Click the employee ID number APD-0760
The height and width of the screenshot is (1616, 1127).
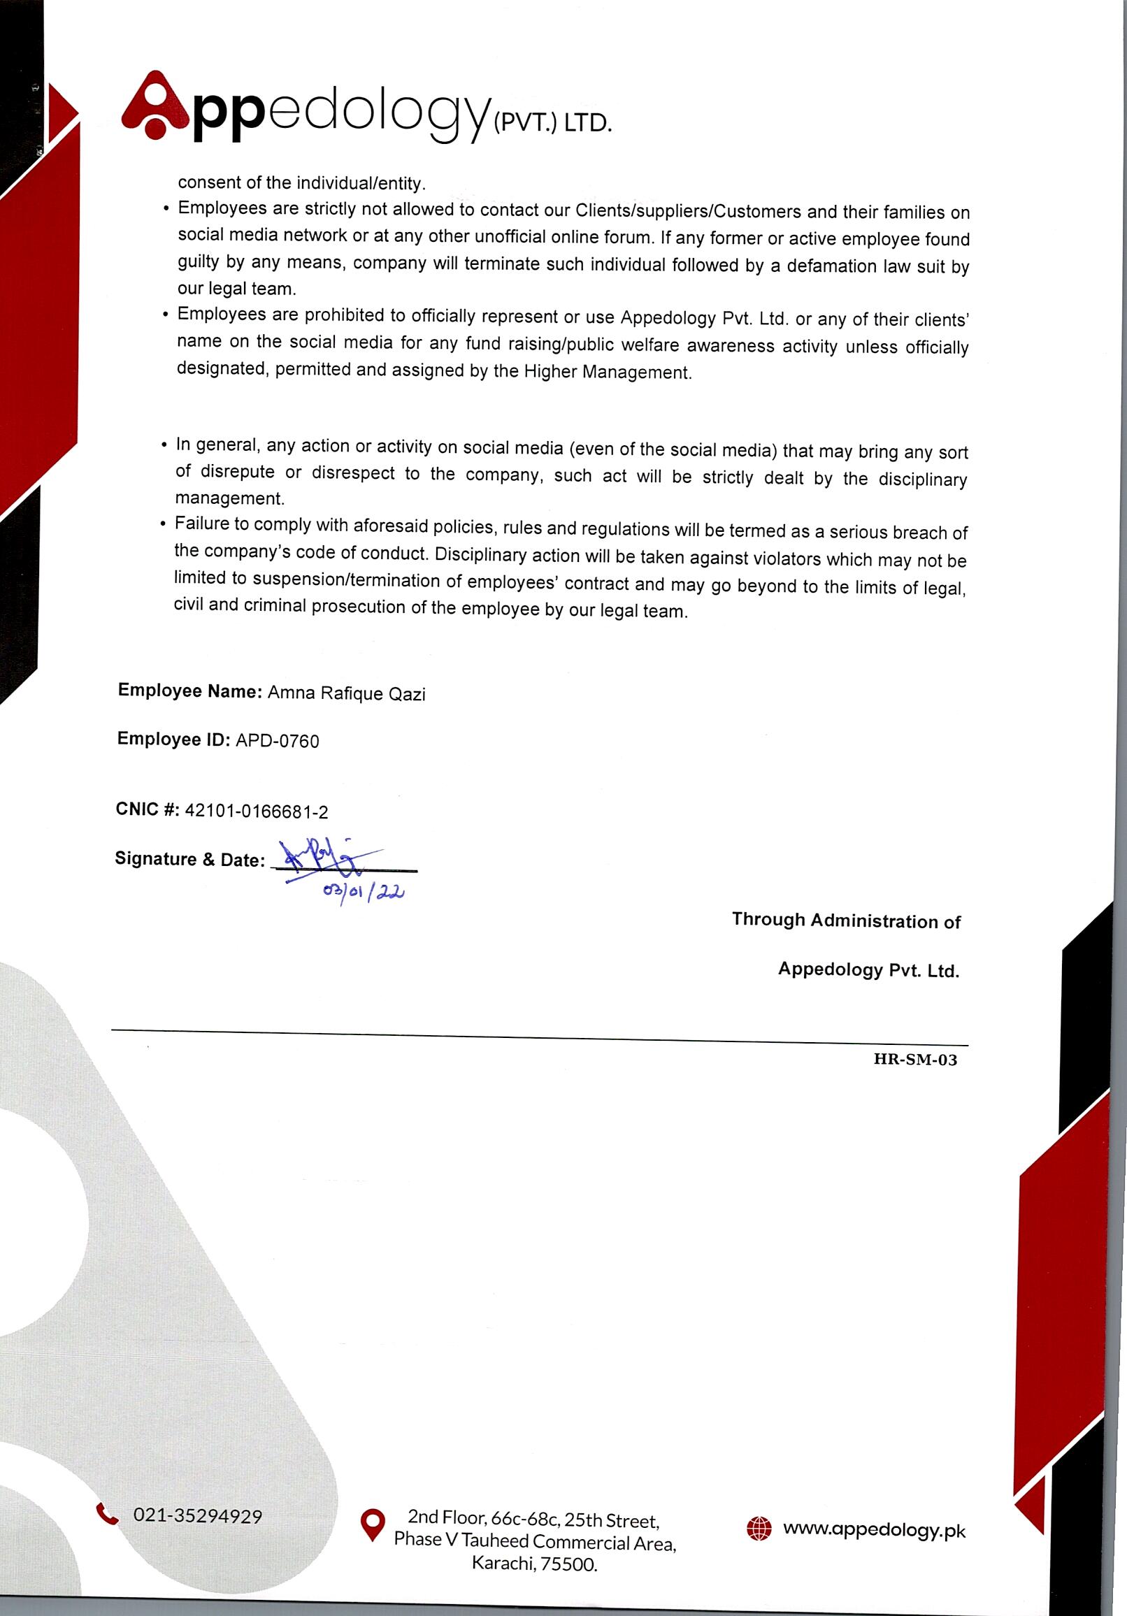click(x=278, y=741)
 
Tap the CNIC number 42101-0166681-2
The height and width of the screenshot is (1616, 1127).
click(x=257, y=811)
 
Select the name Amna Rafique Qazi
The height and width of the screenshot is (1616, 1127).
click(x=346, y=694)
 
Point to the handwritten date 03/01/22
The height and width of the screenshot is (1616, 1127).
click(x=364, y=893)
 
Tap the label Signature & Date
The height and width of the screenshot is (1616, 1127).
click(x=189, y=860)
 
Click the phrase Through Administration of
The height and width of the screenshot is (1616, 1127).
click(x=846, y=921)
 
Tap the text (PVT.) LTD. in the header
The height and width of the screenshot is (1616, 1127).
click(x=552, y=123)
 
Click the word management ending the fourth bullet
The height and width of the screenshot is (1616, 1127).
click(x=229, y=498)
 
